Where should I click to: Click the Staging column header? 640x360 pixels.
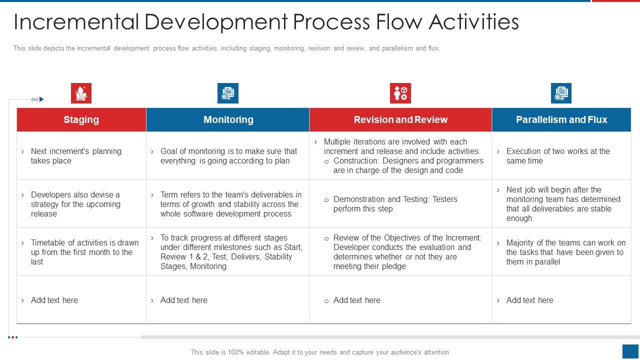click(81, 119)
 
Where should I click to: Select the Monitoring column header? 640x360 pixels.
click(228, 119)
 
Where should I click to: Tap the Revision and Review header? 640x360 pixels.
click(400, 119)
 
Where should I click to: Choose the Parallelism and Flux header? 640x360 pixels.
click(561, 119)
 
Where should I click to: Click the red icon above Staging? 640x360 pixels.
click(81, 93)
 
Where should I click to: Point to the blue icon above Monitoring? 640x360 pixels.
click(228, 93)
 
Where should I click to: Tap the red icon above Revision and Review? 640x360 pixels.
click(400, 93)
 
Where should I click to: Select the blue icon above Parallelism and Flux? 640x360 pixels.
click(561, 93)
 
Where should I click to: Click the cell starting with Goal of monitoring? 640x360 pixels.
click(228, 156)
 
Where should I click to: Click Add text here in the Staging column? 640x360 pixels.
click(54, 300)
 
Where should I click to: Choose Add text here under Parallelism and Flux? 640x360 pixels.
click(529, 300)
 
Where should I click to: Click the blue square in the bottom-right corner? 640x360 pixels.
click(630, 351)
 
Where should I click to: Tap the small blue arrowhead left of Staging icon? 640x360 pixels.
click(41, 99)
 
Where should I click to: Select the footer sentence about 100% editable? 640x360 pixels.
click(319, 352)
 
